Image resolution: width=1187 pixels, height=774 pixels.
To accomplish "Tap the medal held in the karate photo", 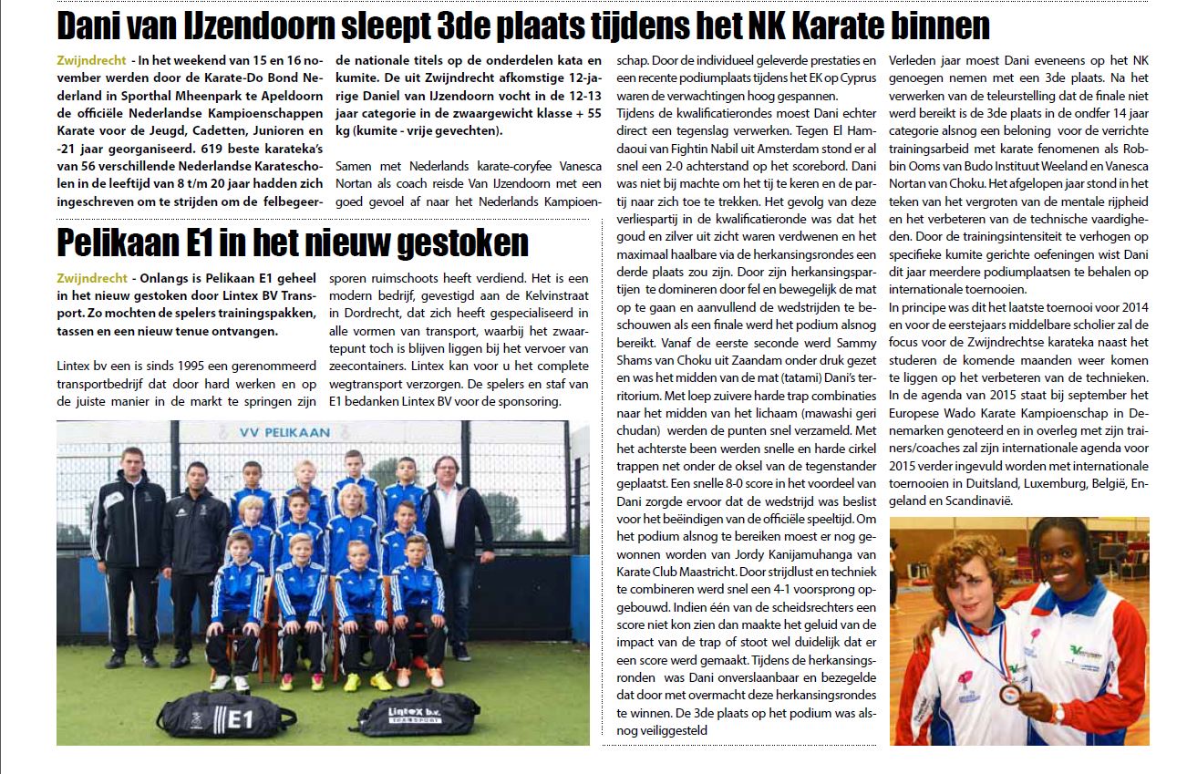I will (x=1009, y=694).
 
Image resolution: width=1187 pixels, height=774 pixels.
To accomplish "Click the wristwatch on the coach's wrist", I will (x=1057, y=711).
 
